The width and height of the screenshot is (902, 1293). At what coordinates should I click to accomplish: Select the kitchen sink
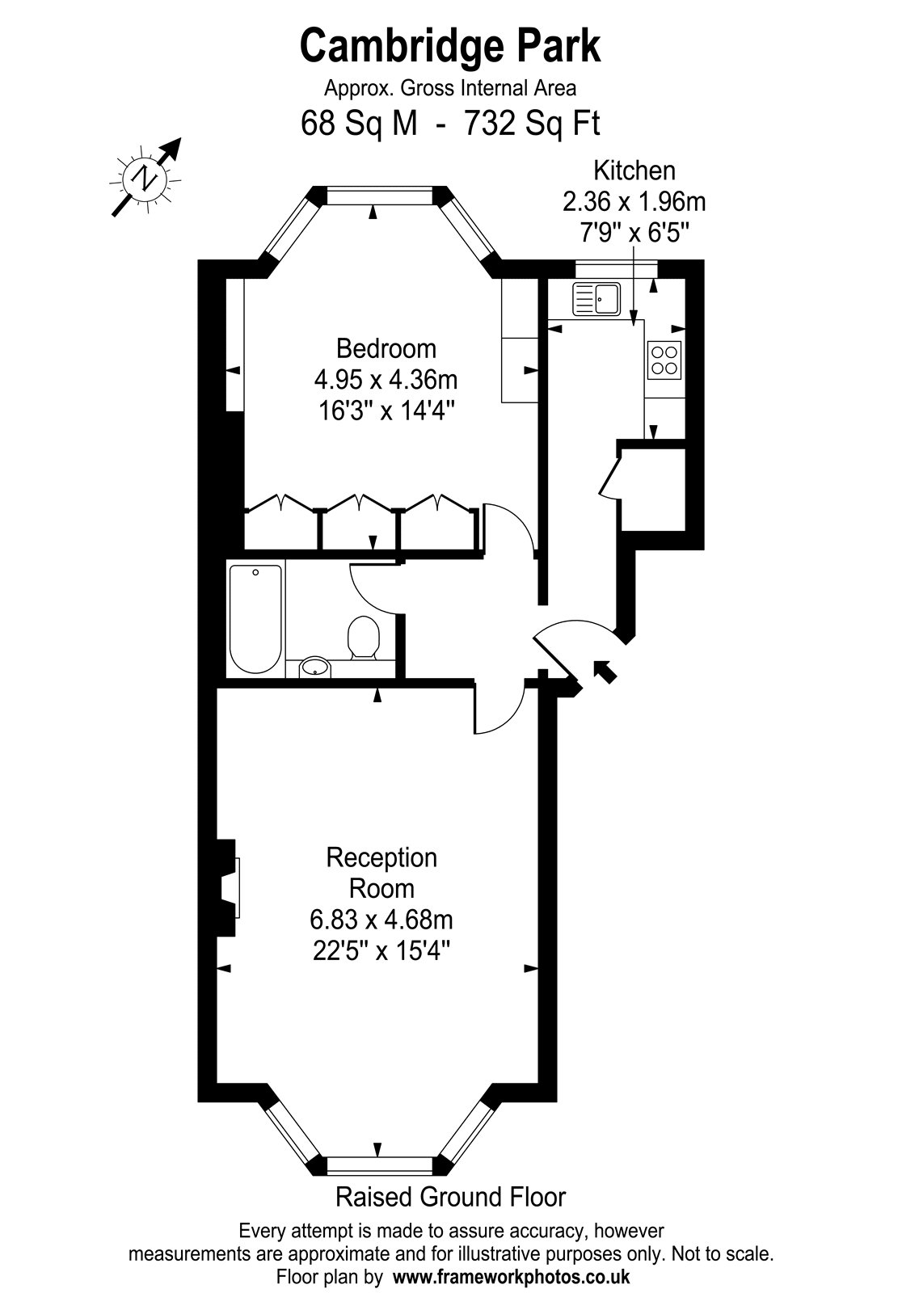(x=596, y=298)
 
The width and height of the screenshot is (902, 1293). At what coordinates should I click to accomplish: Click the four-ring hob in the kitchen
(x=664, y=360)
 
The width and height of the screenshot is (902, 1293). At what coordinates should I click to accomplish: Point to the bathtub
(x=256, y=619)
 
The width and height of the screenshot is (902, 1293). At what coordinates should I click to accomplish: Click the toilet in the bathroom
(x=363, y=638)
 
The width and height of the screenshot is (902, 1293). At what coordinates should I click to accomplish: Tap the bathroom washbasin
(x=315, y=667)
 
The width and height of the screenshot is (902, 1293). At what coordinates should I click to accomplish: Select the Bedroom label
(x=386, y=349)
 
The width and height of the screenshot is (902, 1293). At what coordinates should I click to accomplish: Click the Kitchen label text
(x=634, y=171)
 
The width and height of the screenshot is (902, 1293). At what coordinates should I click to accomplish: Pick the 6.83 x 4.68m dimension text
(x=381, y=920)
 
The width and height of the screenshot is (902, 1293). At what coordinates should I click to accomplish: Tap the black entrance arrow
(x=605, y=672)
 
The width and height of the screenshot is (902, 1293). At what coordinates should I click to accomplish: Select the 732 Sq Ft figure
(x=533, y=123)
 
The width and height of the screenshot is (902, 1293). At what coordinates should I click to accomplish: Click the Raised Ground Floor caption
(x=450, y=1197)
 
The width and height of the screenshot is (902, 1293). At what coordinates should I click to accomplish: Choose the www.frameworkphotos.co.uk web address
(x=512, y=1276)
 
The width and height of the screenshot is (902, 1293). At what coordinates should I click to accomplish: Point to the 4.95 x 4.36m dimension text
(x=386, y=381)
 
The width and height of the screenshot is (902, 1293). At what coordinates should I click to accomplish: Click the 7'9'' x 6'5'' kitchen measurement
(x=634, y=234)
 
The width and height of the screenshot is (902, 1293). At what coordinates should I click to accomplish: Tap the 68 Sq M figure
(x=359, y=123)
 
